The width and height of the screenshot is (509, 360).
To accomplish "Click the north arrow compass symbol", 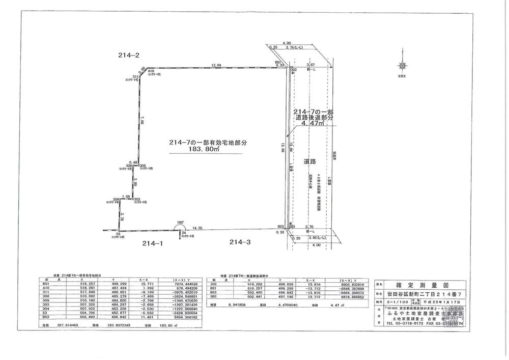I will [x=403, y=66].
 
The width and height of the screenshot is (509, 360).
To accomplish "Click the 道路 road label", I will [x=309, y=161].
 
